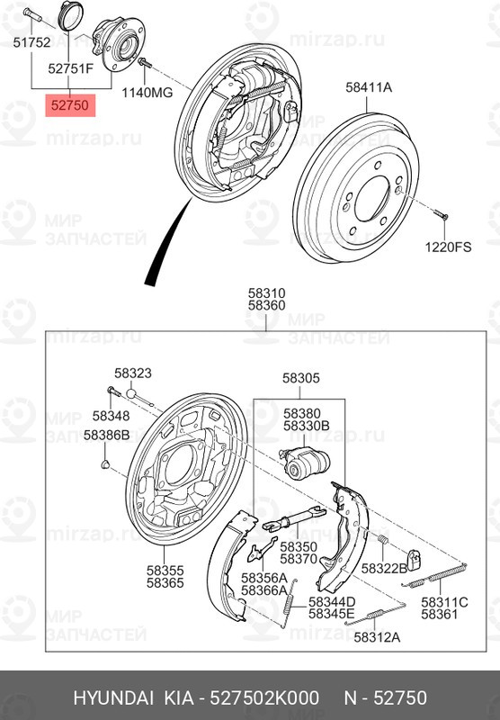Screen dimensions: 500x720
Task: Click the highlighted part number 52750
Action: pos(70,105)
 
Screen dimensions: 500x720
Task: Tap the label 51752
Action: pos(31,42)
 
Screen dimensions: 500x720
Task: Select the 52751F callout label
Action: pos(71,69)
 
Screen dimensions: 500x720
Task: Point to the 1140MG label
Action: pos(147,93)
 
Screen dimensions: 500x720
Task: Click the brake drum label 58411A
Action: pos(369,87)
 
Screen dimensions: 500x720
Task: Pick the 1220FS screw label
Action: pos(448,247)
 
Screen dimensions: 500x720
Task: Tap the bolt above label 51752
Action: pos(31,15)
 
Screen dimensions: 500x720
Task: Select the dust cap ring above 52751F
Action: pos(72,15)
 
